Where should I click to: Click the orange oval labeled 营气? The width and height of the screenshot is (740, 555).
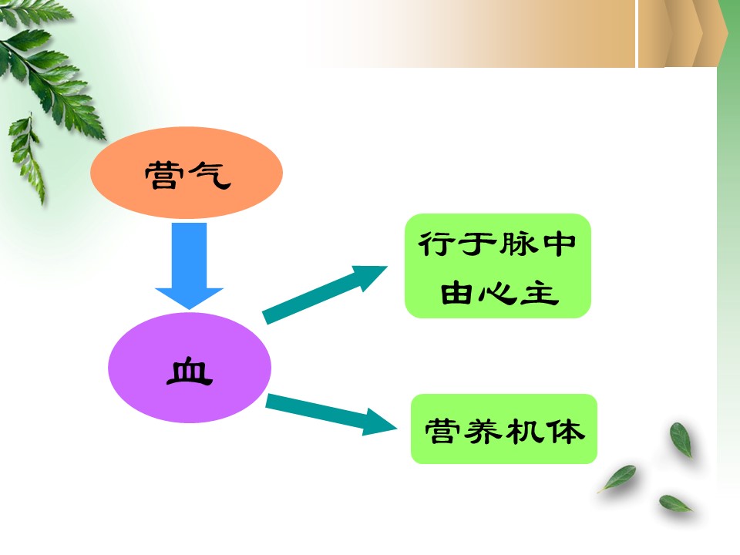[187, 172]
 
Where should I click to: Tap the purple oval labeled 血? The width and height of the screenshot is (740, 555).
[190, 368]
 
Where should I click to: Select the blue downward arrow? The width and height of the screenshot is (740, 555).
[190, 266]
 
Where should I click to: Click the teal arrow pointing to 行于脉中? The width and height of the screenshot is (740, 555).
[325, 295]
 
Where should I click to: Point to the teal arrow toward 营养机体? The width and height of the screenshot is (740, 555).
[331, 414]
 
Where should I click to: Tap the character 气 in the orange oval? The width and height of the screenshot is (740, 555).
[210, 175]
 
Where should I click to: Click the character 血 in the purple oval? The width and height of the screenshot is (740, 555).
[190, 372]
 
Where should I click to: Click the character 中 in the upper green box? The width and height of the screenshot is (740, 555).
[560, 244]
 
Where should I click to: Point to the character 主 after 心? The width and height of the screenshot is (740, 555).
[540, 293]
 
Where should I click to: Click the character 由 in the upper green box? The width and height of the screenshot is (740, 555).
[456, 293]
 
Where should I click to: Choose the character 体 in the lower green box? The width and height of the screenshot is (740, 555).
[566, 431]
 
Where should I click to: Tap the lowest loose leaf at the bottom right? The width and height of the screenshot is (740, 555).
[675, 503]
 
